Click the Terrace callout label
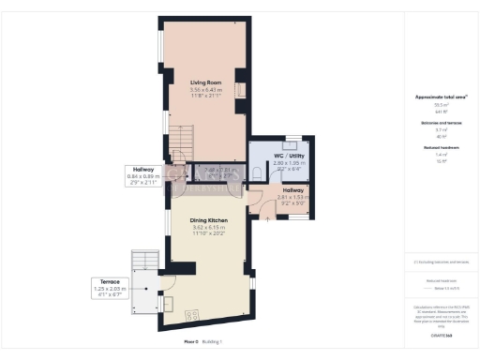coord(104,280)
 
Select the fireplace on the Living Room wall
coord(238,90)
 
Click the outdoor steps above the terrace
coord(144,260)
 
